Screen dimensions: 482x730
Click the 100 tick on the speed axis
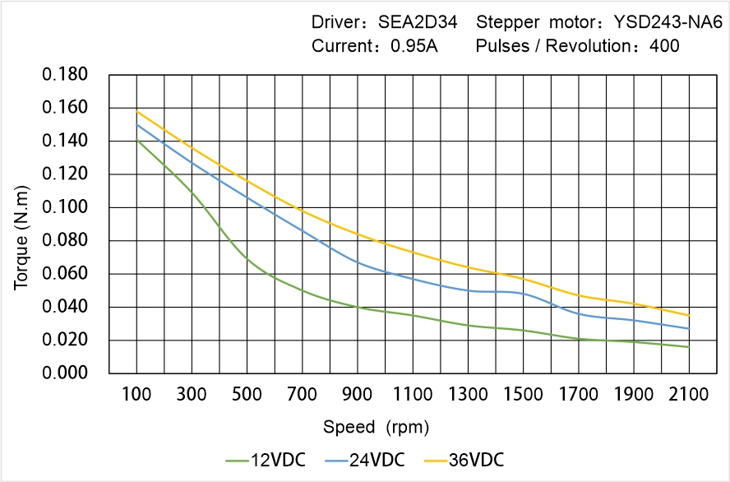pos(136,395)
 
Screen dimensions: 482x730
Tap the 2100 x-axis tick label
pos(689,395)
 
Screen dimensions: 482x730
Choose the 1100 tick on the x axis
pos(413,395)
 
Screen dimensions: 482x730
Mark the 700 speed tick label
pos(303,395)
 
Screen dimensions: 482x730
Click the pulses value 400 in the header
pos(664,46)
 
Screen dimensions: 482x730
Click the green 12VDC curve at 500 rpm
pos(247,257)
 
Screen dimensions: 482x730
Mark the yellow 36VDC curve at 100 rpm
pos(136,111)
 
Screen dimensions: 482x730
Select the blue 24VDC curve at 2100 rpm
pos(689,328)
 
